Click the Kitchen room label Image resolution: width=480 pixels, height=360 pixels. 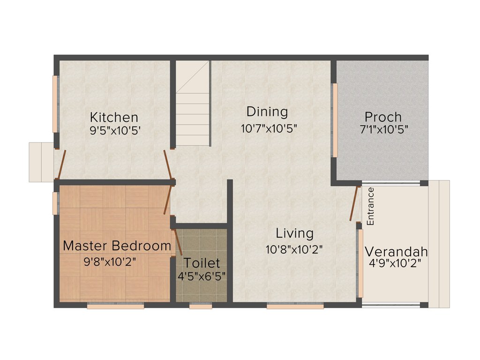coord(114,117)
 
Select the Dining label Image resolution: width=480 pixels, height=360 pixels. coord(267,112)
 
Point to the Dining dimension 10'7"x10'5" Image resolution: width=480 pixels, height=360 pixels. coord(269,128)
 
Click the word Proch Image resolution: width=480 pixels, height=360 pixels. coord(383,117)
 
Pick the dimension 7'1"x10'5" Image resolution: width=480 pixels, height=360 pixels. coord(384,130)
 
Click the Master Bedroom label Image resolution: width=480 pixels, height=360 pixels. coord(117,245)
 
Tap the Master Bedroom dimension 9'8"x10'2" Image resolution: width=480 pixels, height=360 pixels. coord(110,262)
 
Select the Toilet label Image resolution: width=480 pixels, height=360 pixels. coord(202,262)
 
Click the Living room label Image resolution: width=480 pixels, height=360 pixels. coord(294,233)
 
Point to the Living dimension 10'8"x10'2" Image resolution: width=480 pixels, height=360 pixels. coord(294,249)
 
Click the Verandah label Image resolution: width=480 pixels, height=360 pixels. coord(396,251)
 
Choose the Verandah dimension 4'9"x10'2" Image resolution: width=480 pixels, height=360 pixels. coord(395,263)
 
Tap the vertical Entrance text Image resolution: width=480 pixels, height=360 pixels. coord(370,206)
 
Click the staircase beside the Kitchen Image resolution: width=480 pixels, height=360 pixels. coord(193,105)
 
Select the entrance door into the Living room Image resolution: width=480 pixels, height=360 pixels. coord(355,203)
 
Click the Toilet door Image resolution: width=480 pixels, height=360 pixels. coord(178,242)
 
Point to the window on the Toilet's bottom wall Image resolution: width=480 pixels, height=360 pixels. coord(201,306)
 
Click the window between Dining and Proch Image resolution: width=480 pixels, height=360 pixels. coord(335,120)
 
